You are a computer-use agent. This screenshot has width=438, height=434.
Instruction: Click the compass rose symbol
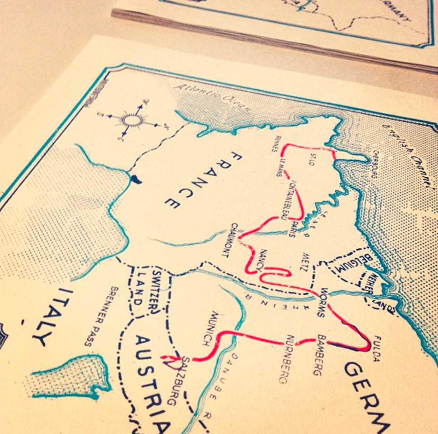(132, 119)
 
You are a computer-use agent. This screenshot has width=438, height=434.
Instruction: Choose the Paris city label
(292, 228)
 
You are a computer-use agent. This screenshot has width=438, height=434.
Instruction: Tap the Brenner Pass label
(101, 315)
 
